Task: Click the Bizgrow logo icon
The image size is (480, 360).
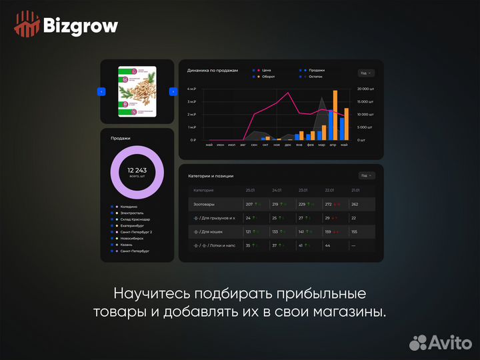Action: [27, 25]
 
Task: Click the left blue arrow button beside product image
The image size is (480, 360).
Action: [101, 91]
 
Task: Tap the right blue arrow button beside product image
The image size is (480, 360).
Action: [173, 91]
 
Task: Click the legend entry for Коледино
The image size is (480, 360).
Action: [130, 207]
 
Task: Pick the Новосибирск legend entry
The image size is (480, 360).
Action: [132, 238]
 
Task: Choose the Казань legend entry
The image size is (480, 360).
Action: [127, 245]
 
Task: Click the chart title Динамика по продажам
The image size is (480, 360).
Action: [213, 70]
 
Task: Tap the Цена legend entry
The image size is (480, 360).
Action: [265, 70]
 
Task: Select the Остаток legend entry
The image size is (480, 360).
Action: [315, 77]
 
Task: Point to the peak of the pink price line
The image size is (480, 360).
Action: [289, 93]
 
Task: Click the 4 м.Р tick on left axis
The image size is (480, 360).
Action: [191, 89]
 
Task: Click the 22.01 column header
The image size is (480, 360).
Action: [329, 190]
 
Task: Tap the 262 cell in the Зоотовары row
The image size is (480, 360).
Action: [355, 204]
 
